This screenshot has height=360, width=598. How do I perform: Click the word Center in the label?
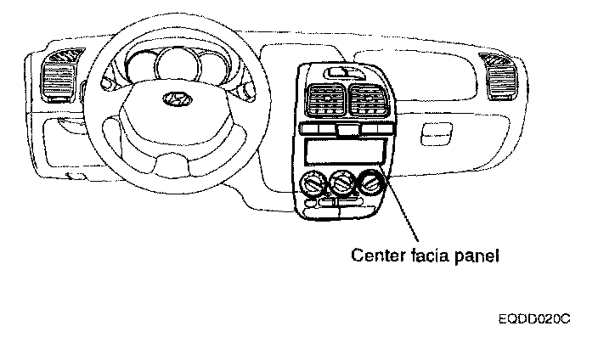[376, 254]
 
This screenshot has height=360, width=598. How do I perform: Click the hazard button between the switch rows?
[345, 130]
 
